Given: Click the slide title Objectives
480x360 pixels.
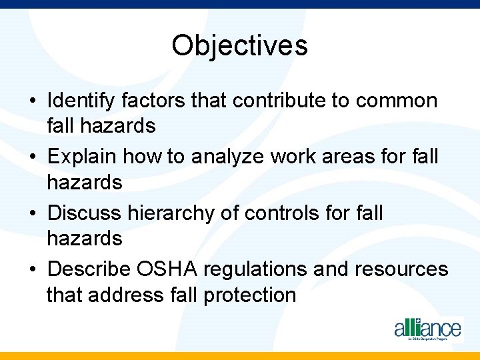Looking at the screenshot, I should click(x=239, y=46).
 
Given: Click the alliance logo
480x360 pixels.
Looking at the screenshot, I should click(x=427, y=329).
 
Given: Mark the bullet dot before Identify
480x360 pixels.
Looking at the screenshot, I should click(x=33, y=102).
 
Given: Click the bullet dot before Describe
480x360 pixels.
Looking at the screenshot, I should click(x=33, y=270).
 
